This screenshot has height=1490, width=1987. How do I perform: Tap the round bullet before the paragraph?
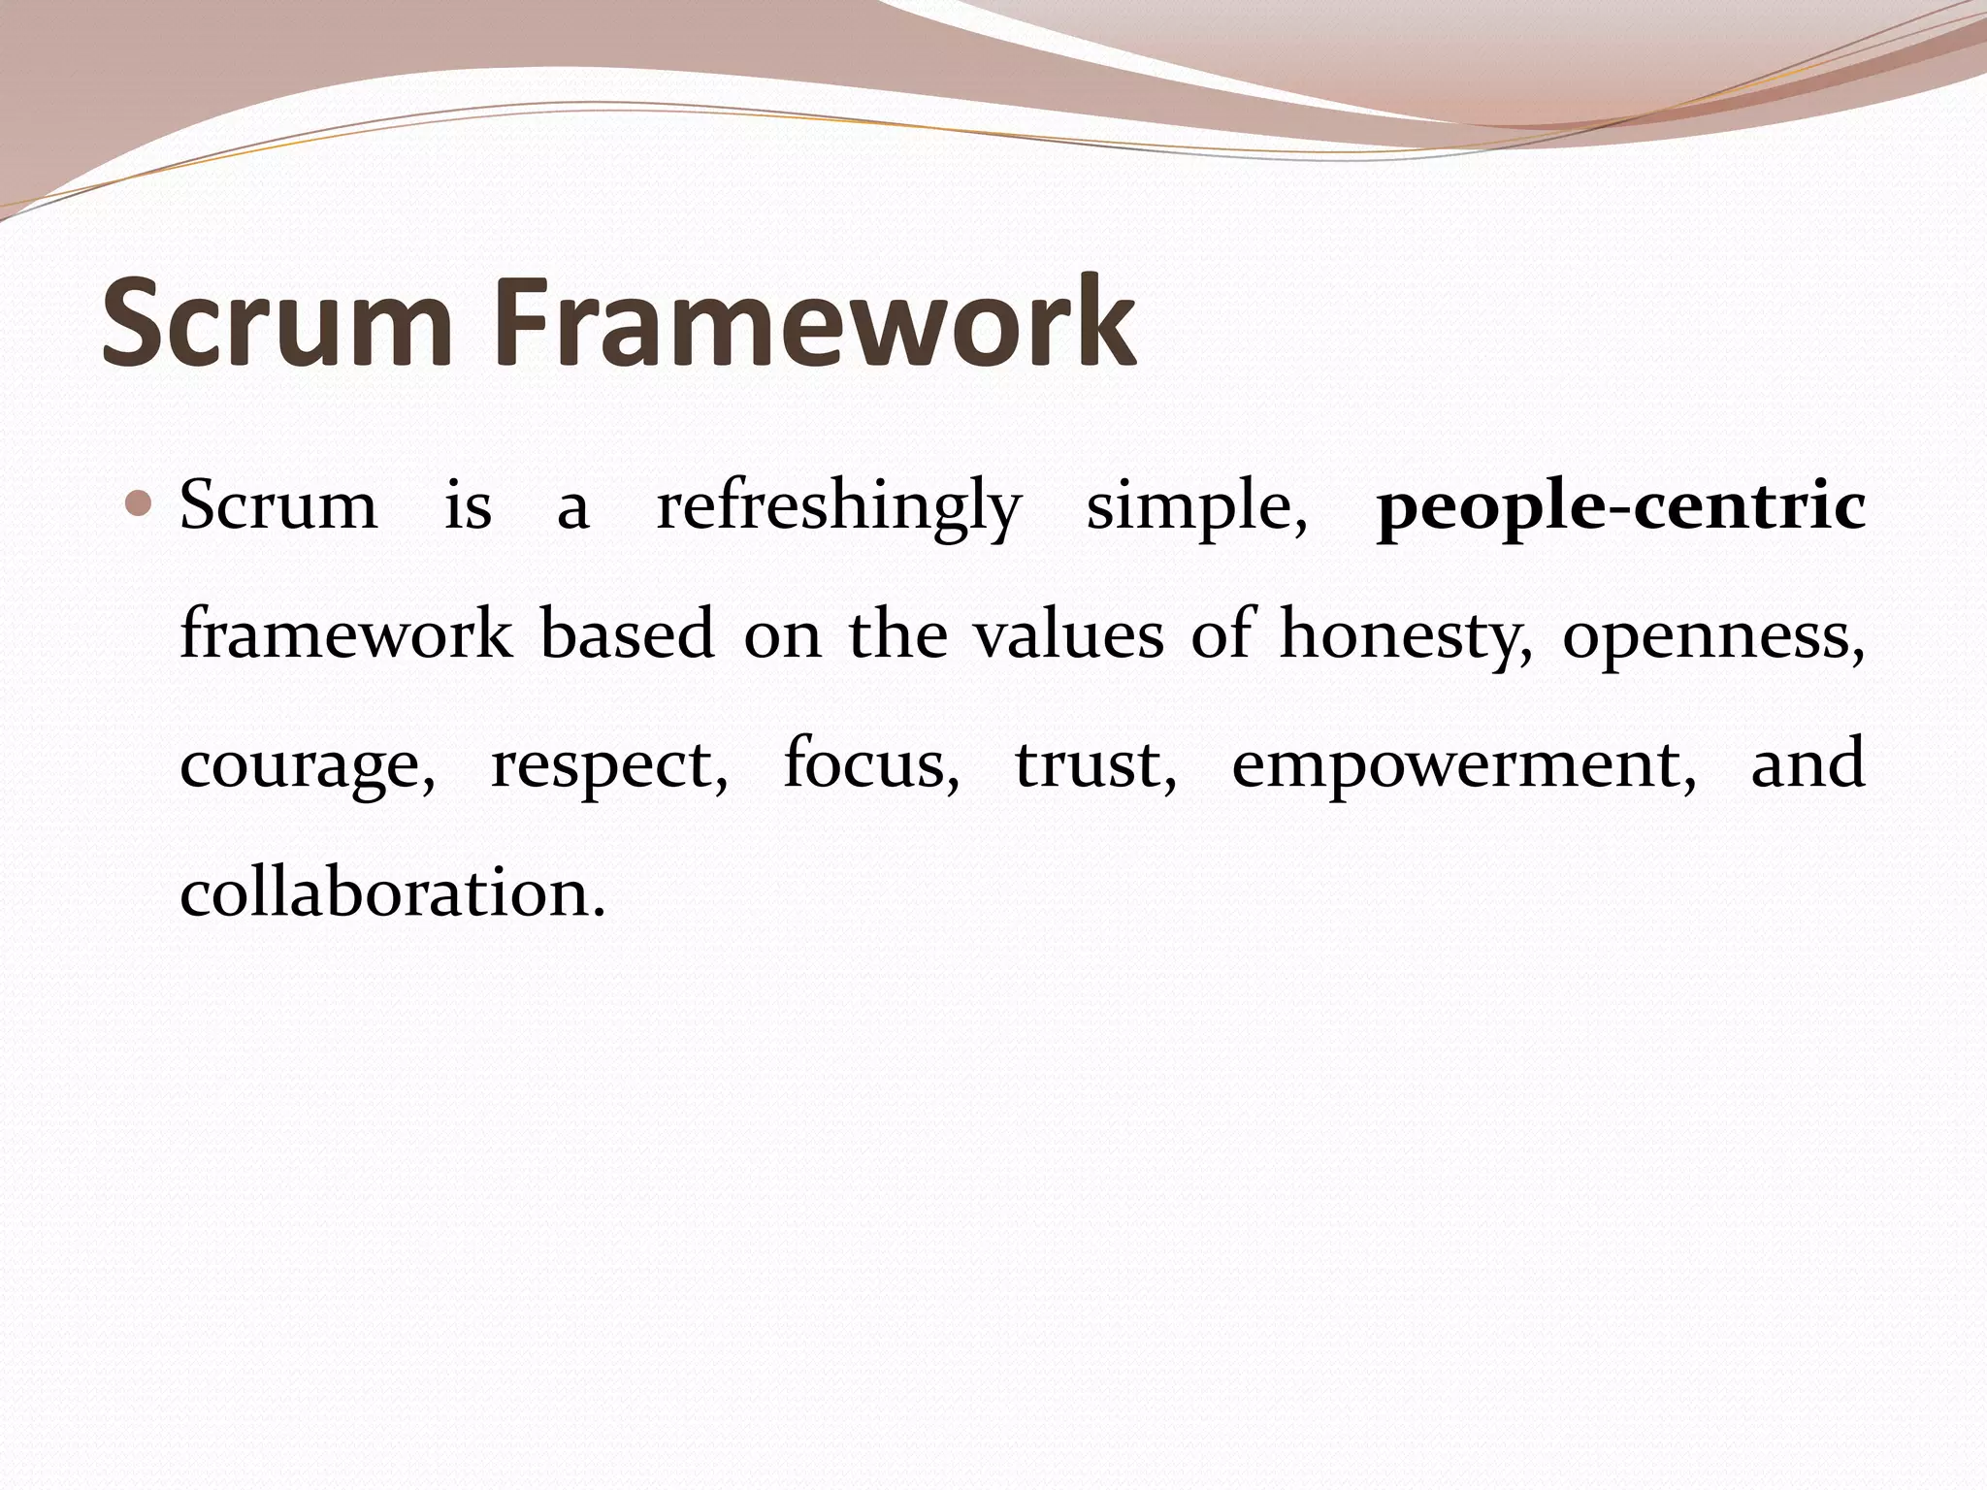point(140,503)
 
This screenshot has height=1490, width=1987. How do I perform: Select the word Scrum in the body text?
point(278,506)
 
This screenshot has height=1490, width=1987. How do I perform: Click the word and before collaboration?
point(1808,762)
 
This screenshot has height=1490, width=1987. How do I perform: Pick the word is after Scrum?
point(468,506)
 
